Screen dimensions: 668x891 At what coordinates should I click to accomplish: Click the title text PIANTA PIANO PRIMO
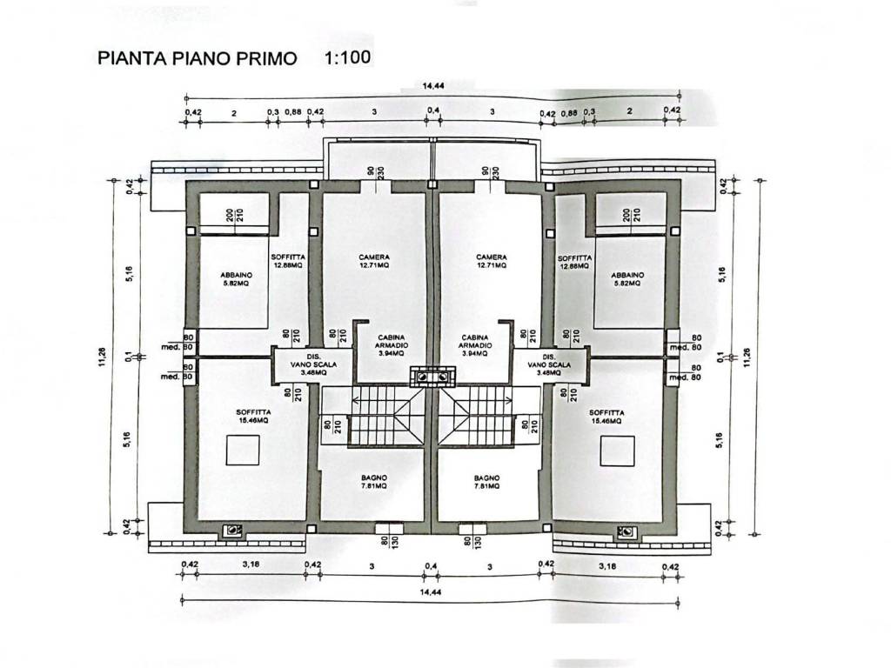(198, 59)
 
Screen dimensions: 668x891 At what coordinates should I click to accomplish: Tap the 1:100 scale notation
(347, 58)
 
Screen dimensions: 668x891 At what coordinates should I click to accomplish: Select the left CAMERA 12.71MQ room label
(373, 262)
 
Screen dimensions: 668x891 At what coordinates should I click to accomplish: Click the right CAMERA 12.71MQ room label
(491, 262)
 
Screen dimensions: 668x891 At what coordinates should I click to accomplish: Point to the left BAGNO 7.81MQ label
(375, 483)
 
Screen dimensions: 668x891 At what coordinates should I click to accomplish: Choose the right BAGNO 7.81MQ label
(486, 483)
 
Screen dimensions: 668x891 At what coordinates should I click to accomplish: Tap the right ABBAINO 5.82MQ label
(626, 279)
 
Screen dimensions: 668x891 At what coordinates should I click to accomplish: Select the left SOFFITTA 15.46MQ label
(253, 416)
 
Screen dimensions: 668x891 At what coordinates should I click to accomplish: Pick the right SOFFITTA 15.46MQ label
(606, 416)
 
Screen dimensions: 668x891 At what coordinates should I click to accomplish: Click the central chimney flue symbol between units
(432, 377)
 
